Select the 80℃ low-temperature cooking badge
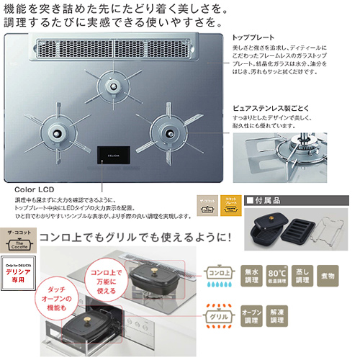[x=278, y=274]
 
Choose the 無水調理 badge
[x=249, y=274]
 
